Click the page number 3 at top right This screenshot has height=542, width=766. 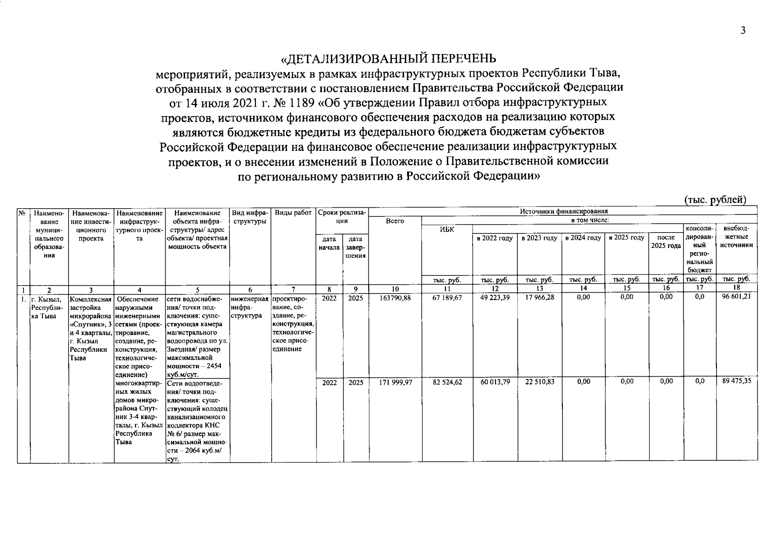coord(743,31)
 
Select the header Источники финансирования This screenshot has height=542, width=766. coord(564,211)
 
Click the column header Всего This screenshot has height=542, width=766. coord(395,221)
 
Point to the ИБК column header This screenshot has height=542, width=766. coord(447,229)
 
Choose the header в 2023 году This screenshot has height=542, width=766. coord(539,238)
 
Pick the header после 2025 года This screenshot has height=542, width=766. coord(666,242)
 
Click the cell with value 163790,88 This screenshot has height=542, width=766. coord(395,298)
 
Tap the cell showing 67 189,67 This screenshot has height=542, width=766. coord(447,298)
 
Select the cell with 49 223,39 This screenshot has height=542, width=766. coord(495,298)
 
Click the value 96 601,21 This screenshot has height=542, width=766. coord(736,298)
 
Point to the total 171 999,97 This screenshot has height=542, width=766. coord(395,382)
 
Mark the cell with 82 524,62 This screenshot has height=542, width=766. coord(447,382)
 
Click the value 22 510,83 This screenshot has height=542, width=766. coord(539,382)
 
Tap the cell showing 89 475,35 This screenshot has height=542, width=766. coord(736,381)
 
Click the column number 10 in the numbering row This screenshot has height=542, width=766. coord(395,289)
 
